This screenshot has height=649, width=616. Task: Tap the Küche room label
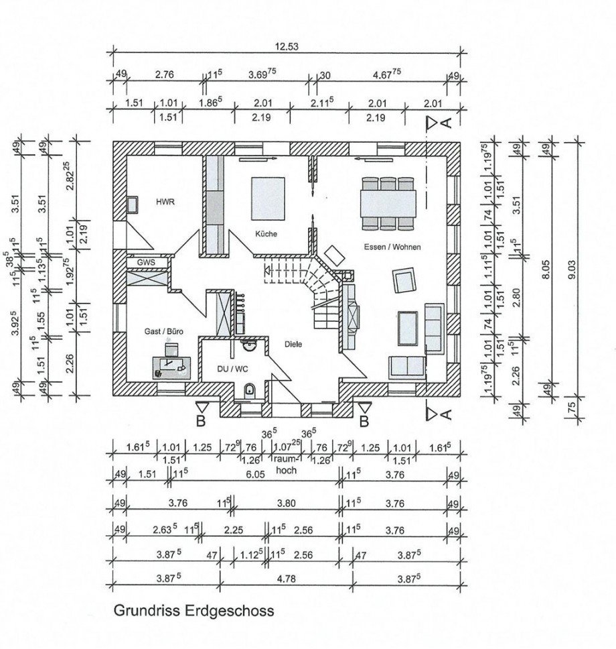(x=266, y=234)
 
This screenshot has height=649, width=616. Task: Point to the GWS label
(x=145, y=262)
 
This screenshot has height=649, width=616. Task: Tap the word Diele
(x=293, y=344)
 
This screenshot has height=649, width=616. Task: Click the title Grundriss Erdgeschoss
(x=194, y=611)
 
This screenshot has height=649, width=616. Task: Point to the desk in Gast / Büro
(x=174, y=365)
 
